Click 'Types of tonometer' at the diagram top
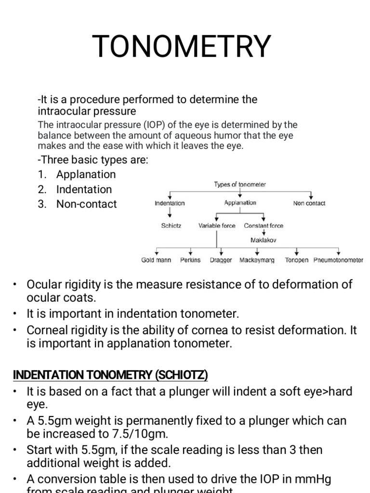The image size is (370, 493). tap(240, 184)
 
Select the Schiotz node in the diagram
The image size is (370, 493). tap(171, 225)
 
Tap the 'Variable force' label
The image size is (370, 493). tap(217, 225)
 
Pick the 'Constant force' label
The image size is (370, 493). tap(264, 225)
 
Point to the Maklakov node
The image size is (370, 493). tap(264, 239)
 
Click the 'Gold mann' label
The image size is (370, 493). tap(156, 260)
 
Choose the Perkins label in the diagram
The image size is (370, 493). tap(190, 260)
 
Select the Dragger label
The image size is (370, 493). tap(221, 260)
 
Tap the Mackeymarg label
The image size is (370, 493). tap(257, 260)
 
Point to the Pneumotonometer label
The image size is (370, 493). tap(338, 260)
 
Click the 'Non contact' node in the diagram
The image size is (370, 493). tap(309, 203)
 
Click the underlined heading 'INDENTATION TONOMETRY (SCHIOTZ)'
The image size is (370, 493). tap(110, 375)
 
